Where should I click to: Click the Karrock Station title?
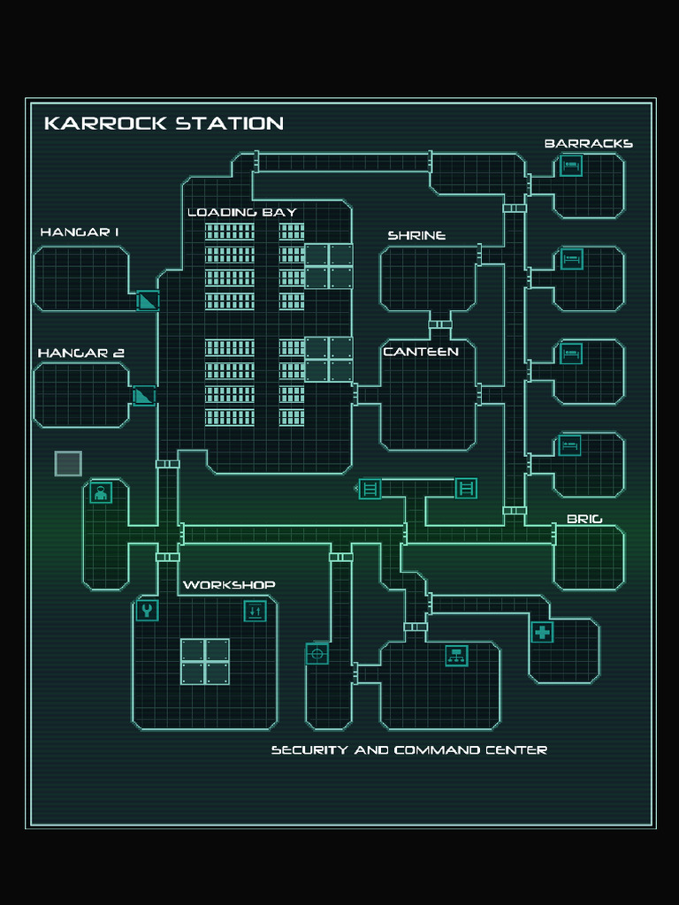point(164,123)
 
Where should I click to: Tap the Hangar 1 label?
point(80,232)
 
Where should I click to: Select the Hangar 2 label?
point(80,354)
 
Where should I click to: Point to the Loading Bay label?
point(241,212)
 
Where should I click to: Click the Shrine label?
point(416,236)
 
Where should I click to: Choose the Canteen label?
point(421,352)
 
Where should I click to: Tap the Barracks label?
point(588,143)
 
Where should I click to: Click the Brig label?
point(584,519)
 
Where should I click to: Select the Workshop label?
point(229,585)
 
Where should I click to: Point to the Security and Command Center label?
point(408,750)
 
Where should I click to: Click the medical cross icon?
point(542,632)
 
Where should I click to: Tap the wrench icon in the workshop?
point(147,611)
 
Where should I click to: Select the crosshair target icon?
point(317,653)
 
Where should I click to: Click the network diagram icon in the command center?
point(456,655)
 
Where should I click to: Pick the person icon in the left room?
point(101,493)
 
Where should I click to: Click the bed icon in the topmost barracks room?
point(571,165)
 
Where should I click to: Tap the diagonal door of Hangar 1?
point(148,300)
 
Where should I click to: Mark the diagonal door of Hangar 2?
point(143,395)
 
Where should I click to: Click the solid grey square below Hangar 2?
point(68,463)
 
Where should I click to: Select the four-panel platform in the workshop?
point(205,661)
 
